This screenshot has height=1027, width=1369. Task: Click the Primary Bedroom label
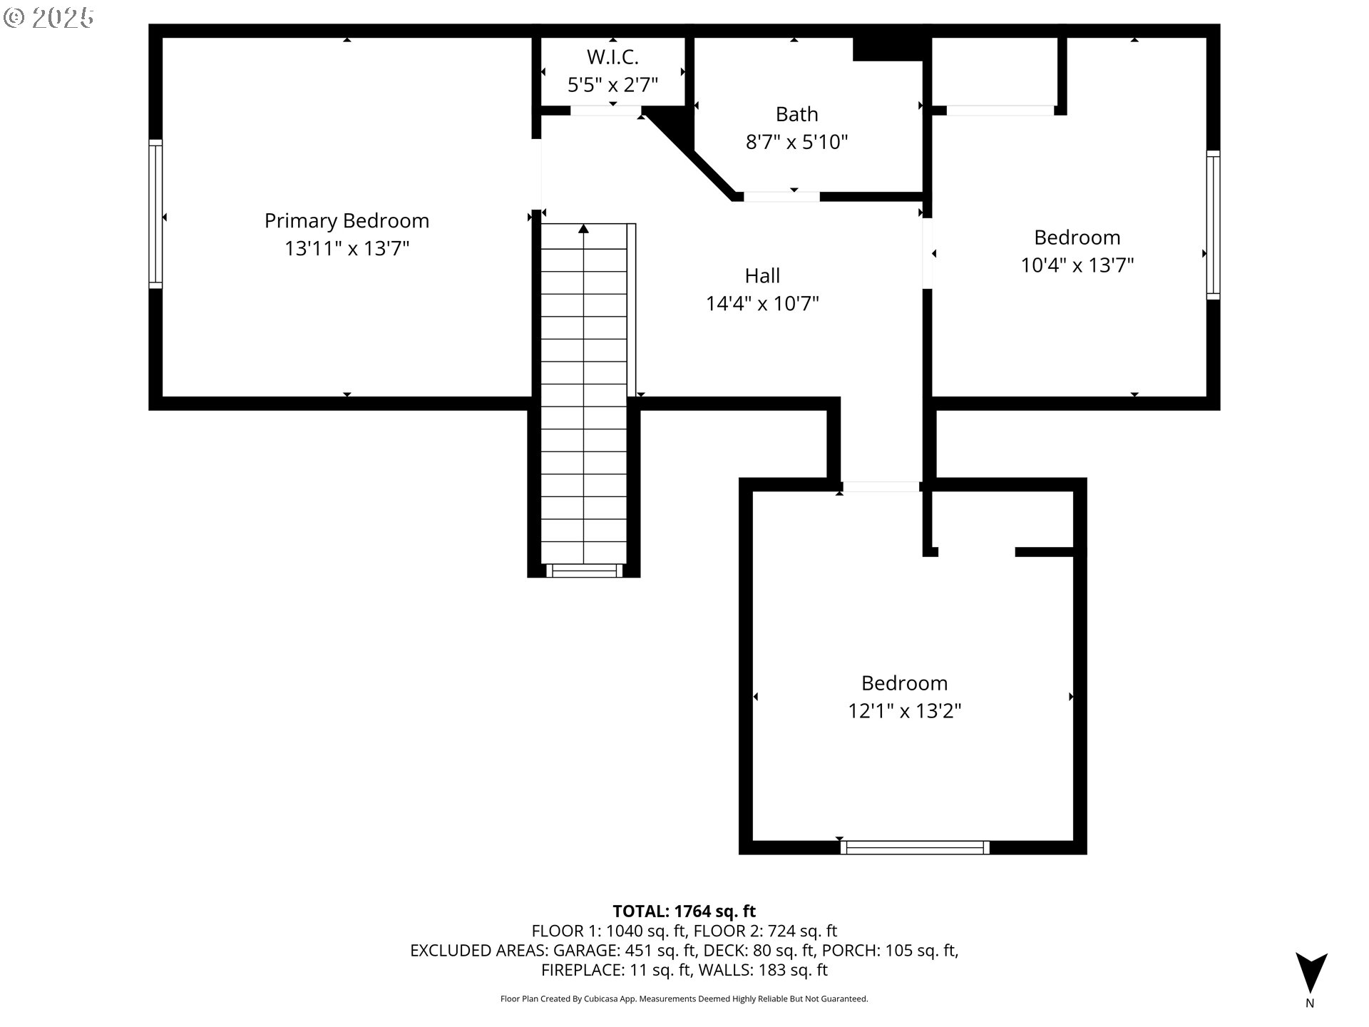[347, 221]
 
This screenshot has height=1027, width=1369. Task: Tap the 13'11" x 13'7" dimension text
[347, 249]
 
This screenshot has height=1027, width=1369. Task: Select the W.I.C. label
[612, 57]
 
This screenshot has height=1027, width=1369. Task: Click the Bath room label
[796, 114]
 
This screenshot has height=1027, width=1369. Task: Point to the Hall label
[762, 276]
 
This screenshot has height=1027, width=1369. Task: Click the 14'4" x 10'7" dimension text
[762, 304]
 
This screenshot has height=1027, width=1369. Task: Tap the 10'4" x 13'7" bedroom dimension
[1077, 265]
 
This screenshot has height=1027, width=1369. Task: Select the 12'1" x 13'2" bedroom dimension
[904, 711]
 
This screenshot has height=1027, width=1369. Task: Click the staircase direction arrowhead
[583, 228]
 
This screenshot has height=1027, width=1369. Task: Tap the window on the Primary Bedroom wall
[155, 214]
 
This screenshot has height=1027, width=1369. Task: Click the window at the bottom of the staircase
[584, 571]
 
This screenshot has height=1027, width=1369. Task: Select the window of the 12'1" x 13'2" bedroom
[915, 847]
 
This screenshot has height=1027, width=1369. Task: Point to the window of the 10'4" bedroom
[1213, 225]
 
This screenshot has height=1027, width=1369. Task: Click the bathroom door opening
[781, 196]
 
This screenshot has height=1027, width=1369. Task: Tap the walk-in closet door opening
[605, 111]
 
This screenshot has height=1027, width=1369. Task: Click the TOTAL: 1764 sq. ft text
[684, 911]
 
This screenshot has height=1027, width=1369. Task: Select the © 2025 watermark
[48, 18]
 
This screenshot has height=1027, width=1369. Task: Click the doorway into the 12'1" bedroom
[881, 486]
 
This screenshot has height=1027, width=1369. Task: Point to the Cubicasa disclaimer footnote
[684, 998]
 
